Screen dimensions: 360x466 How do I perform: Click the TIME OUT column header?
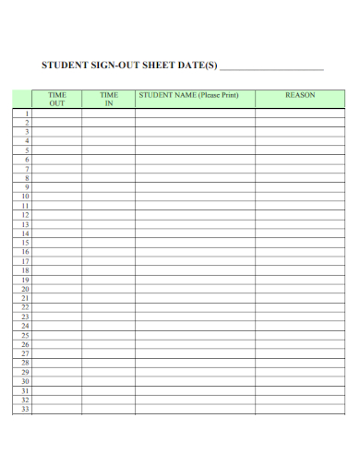click(x=57, y=99)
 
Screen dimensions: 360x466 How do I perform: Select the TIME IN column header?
click(x=109, y=99)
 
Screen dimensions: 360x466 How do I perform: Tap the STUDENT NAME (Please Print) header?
click(x=195, y=95)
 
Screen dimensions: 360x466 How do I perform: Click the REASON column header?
click(x=300, y=95)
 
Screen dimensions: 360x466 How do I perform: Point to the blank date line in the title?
click(x=272, y=66)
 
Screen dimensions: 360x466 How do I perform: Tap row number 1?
click(x=27, y=113)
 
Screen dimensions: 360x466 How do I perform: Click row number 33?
click(x=25, y=409)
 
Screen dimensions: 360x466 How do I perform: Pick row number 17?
click(x=25, y=261)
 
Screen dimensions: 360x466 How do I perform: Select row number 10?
click(x=25, y=196)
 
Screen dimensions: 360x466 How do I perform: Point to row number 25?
click(x=25, y=335)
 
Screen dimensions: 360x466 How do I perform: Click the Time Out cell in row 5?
click(x=57, y=149)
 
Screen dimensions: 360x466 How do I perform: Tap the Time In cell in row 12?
click(x=109, y=214)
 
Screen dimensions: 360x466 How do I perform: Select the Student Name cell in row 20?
click(x=195, y=289)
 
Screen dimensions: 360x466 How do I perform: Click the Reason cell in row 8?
click(x=300, y=177)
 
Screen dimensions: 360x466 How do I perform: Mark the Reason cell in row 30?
click(x=300, y=381)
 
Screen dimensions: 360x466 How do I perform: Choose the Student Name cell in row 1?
click(x=195, y=113)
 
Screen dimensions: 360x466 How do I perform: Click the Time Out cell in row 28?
click(x=57, y=363)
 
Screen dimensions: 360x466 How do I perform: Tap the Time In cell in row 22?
click(x=109, y=307)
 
